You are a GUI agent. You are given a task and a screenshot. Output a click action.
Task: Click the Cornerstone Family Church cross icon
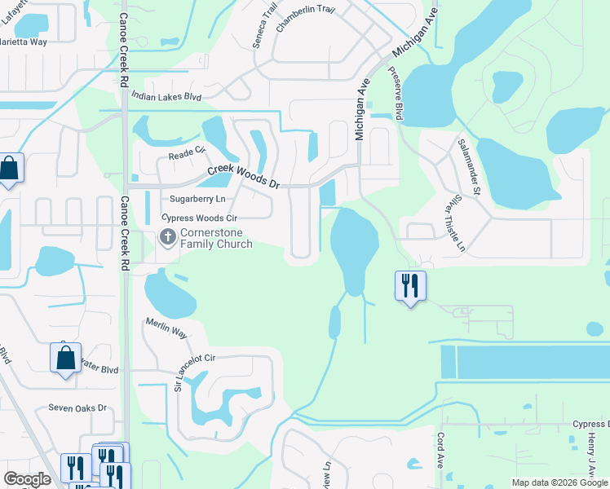pos(168,237)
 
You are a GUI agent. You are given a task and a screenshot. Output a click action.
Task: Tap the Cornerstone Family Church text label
pos(216,237)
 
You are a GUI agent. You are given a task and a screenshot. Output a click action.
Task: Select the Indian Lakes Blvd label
pos(166,96)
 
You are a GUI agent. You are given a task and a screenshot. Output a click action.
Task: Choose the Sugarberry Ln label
pos(197,199)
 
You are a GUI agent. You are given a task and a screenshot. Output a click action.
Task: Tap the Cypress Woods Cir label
pos(199,218)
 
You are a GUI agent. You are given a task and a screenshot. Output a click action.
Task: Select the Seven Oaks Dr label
pos(77,407)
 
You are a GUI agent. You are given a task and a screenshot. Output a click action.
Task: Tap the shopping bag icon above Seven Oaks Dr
pos(65,358)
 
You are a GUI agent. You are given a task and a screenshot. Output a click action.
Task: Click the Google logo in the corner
pos(27,479)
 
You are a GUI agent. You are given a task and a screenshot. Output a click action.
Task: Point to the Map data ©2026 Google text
pos(560,482)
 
